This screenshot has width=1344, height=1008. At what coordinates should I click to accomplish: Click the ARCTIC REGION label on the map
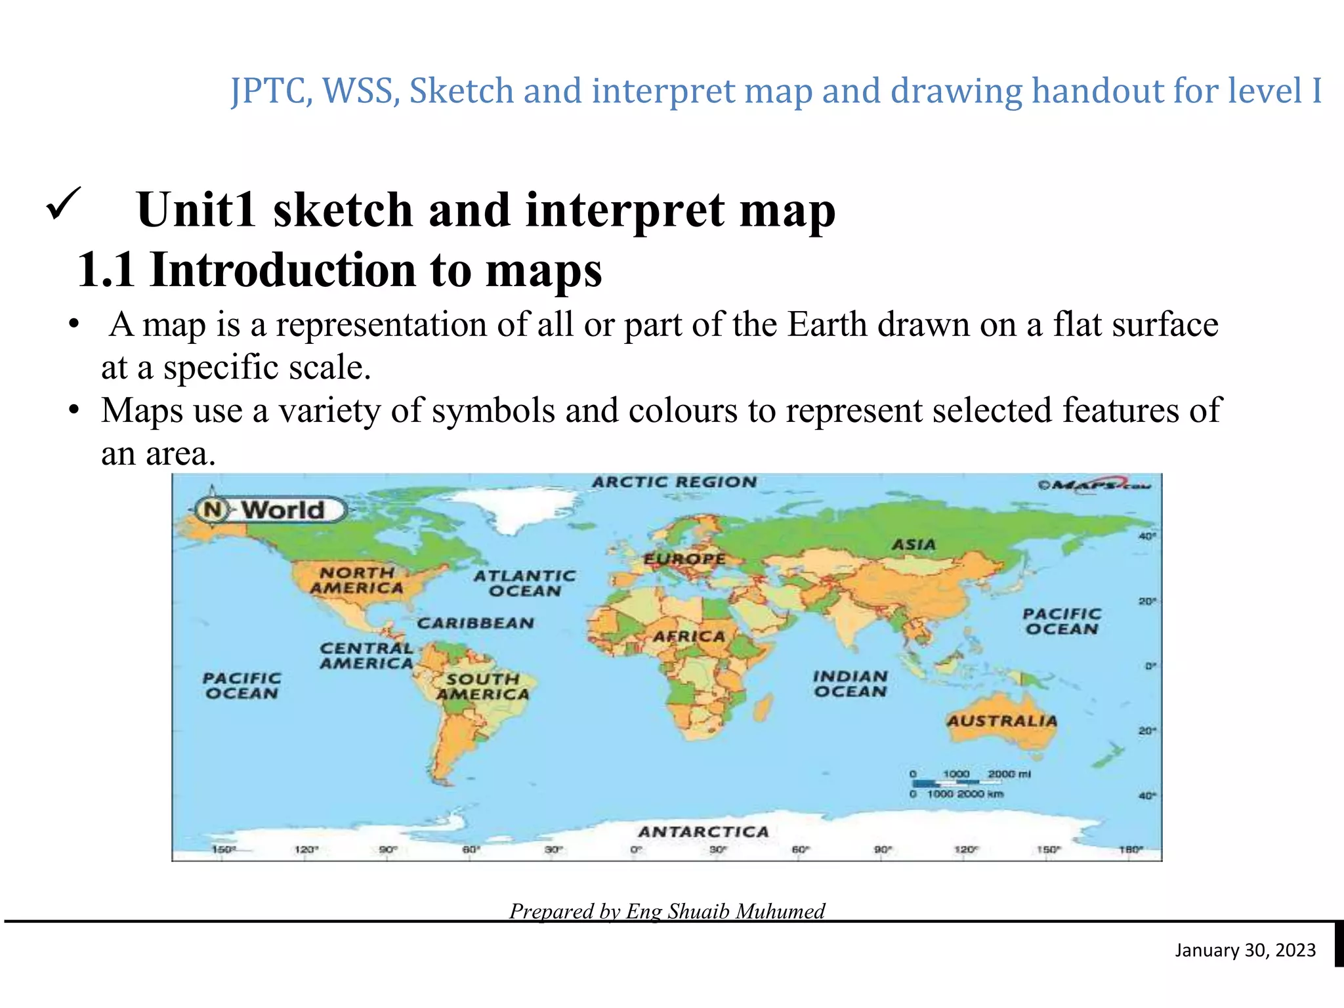point(674,482)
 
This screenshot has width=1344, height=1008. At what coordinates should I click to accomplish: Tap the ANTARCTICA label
point(703,832)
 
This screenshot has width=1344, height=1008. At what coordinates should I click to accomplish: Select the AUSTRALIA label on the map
point(1001,721)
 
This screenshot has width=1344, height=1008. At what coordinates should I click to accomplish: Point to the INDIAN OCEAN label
point(850,684)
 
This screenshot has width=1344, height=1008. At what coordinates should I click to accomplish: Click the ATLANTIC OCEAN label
point(524,583)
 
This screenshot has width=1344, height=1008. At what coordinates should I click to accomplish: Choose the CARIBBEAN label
point(476,623)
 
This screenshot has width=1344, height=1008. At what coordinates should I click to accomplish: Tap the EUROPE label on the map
point(684,559)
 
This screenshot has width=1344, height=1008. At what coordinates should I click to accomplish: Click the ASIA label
point(913,545)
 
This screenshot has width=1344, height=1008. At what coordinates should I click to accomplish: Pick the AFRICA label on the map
point(688,637)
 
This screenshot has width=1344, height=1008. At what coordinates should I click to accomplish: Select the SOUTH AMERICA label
point(483,686)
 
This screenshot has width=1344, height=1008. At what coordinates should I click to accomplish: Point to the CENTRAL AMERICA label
point(366,656)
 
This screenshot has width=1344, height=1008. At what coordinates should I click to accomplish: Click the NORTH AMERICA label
point(357,580)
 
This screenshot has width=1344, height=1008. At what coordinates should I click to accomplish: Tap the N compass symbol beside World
point(212,509)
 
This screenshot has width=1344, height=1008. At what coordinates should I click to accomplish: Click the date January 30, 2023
point(1245,950)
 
